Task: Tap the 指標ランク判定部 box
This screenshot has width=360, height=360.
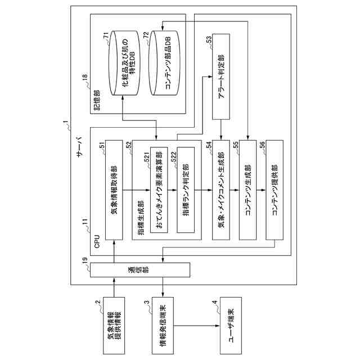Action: tap(186, 192)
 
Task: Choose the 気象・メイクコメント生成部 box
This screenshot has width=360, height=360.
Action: tap(220, 192)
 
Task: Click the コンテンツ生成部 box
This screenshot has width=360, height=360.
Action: tap(247, 192)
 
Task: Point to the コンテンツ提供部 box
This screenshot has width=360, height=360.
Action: tap(274, 192)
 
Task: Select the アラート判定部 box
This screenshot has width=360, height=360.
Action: tap(220, 77)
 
